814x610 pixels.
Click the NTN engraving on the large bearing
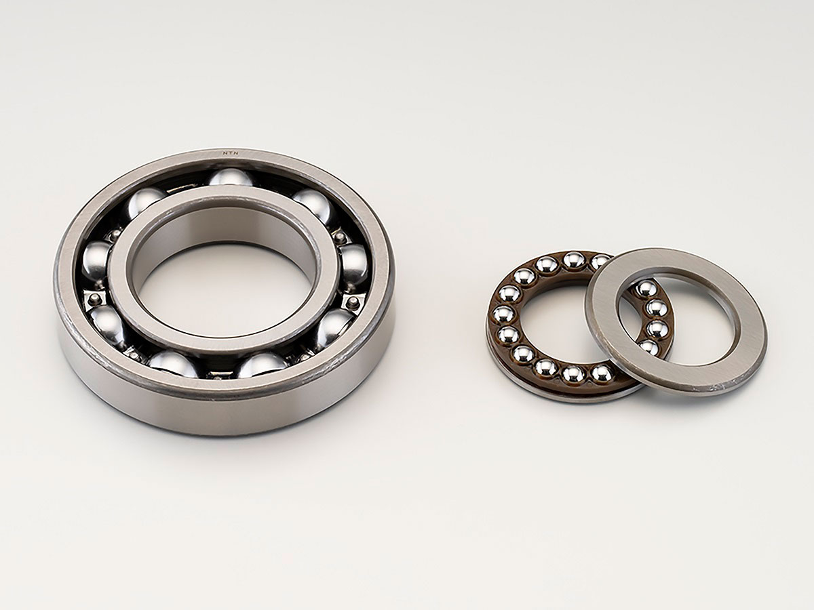point(230,153)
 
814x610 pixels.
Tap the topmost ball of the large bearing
point(231,178)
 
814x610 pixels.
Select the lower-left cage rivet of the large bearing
point(95,297)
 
